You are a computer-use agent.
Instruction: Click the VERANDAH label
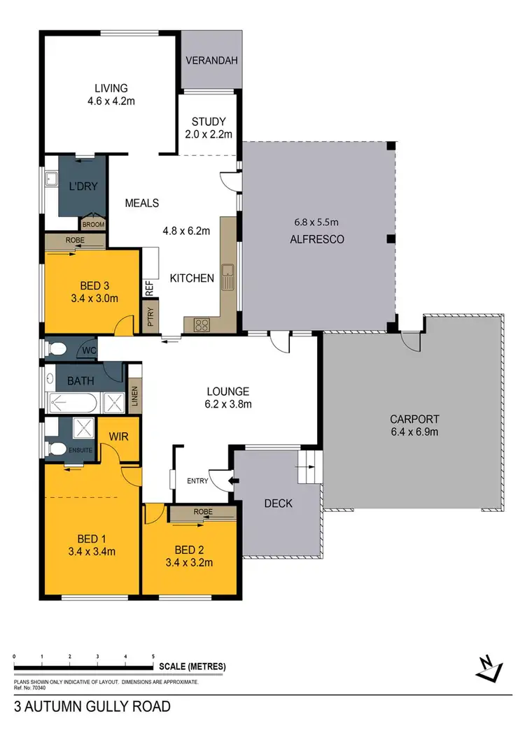pos(211,61)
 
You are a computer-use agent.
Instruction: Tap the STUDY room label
pos(211,120)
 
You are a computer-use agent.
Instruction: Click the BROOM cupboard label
pos(92,224)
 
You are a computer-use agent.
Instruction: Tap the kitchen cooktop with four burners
pos(202,324)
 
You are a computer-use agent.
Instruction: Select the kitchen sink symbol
pos(227,277)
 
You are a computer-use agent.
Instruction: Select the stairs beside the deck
pos(308,468)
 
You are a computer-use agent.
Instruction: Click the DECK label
pos(279,504)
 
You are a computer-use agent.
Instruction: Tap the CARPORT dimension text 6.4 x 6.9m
pos(414,431)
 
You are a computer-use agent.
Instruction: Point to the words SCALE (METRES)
pos(192,666)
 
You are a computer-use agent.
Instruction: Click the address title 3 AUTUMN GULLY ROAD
pos(92,706)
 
